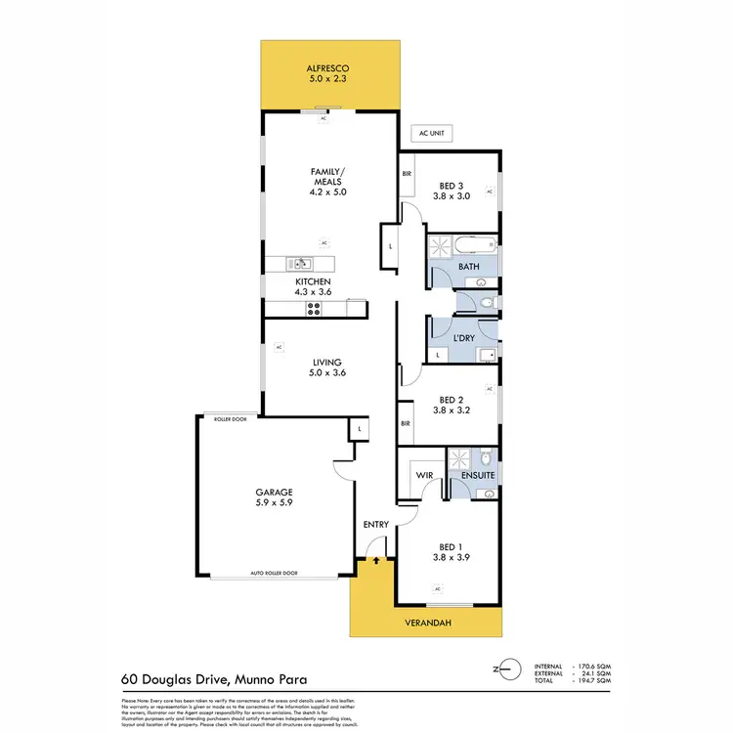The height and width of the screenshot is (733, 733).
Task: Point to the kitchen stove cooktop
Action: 315,310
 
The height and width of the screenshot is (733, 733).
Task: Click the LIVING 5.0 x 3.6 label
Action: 327,367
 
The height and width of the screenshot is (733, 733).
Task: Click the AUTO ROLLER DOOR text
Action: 275,573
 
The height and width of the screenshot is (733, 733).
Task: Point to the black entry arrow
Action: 376,562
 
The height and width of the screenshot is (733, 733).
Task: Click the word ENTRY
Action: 376,525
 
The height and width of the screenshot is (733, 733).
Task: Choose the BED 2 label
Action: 451,406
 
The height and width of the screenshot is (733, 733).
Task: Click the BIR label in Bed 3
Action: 408,174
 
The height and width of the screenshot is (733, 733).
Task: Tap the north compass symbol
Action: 505,669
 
